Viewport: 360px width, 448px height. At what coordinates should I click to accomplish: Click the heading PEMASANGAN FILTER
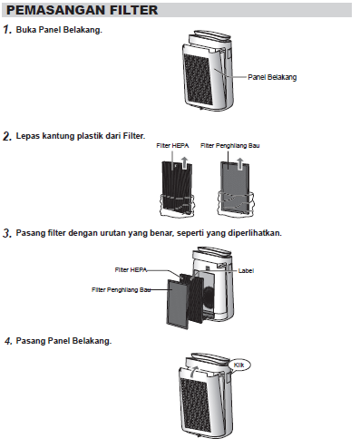pos(82,10)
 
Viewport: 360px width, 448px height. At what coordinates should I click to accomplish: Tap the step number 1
pos(7,30)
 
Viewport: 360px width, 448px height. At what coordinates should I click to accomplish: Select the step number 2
pos(7,136)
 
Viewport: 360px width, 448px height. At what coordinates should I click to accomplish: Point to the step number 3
pos(7,233)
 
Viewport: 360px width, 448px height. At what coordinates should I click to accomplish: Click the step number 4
pos(8,341)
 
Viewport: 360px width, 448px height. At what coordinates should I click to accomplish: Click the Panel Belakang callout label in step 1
pos(272,77)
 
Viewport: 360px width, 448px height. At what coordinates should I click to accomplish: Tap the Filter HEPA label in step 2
pos(172,146)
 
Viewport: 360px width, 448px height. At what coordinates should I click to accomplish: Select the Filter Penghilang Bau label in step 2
pos(230,146)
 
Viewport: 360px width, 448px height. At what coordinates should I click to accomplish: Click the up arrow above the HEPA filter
pos(184,163)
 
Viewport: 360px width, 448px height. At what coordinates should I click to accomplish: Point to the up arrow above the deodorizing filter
pos(239,163)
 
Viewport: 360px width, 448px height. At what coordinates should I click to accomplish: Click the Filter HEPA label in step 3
pos(131,270)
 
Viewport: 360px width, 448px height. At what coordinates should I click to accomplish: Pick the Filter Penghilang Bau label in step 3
pos(122,290)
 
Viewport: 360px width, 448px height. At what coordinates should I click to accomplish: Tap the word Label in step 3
pos(246,271)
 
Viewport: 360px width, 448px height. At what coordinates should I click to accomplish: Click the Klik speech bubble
pos(239,365)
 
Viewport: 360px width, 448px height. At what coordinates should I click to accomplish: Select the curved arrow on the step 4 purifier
pos(194,371)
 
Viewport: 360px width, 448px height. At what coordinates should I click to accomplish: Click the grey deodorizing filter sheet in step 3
pos(177,304)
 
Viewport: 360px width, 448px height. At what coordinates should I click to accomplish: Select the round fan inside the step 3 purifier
pos(209,297)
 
